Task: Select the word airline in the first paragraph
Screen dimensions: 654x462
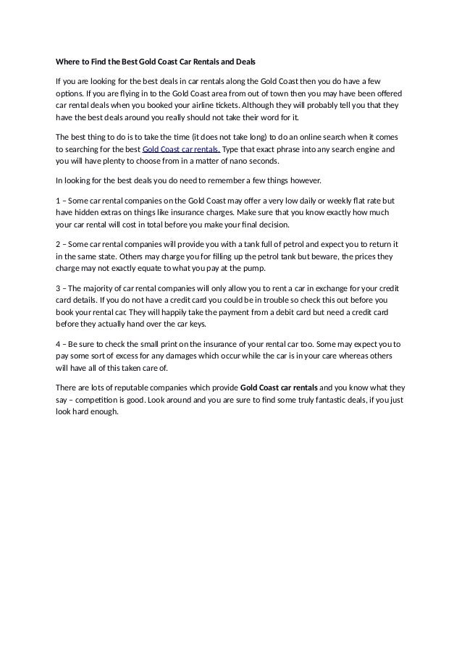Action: tap(219, 105)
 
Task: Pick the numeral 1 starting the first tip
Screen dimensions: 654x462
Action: tap(58, 200)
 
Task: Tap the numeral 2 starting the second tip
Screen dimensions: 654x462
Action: tap(58, 245)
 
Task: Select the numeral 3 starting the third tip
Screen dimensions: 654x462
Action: tap(58, 289)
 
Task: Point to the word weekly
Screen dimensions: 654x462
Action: tap(331, 200)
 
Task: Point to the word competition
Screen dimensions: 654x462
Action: tap(110, 399)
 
